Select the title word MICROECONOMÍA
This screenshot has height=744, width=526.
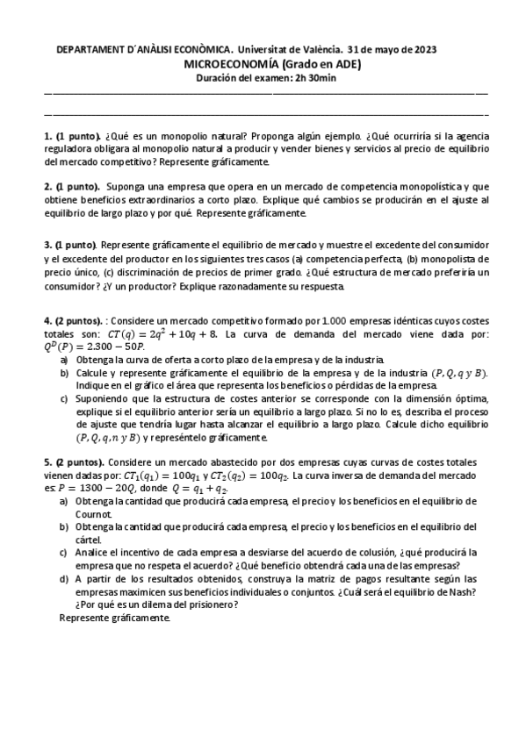click(x=230, y=64)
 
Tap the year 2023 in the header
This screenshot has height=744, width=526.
click(x=423, y=51)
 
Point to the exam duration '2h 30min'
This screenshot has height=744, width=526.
click(x=315, y=77)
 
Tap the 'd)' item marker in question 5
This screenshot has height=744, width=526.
click(x=64, y=579)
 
